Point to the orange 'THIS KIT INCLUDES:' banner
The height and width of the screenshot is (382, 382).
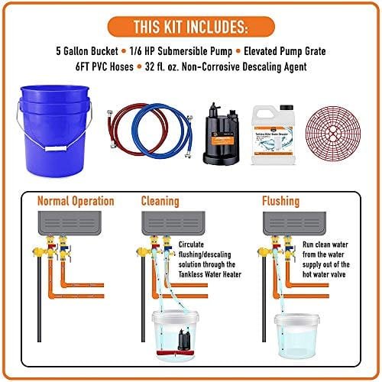(x=191, y=28)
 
